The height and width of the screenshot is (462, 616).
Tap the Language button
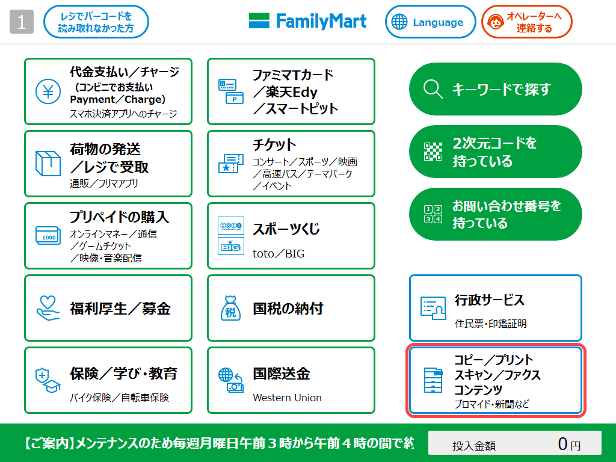point(430,22)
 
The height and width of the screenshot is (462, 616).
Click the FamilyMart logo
point(307,22)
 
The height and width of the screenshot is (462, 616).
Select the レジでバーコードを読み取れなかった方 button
point(96,22)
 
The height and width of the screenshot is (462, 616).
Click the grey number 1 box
point(22,22)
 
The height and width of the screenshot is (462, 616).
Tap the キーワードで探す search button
point(495,89)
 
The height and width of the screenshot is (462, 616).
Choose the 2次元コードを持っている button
point(495,152)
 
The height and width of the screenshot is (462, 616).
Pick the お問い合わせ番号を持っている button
point(495,214)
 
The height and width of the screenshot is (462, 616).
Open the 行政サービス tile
point(495,308)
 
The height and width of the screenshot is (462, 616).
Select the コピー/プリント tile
point(495,381)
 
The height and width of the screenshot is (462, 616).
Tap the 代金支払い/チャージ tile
point(108,91)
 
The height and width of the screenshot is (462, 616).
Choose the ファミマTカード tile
point(291,91)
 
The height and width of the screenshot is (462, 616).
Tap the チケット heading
point(275,145)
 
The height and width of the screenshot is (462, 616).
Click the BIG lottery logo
point(230,247)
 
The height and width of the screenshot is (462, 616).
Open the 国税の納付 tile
point(291,308)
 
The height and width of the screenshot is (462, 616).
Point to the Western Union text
point(287,398)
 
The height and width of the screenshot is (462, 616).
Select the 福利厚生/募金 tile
point(108,308)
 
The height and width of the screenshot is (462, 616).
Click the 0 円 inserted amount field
point(514,445)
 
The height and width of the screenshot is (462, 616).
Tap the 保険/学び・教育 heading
point(123,374)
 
